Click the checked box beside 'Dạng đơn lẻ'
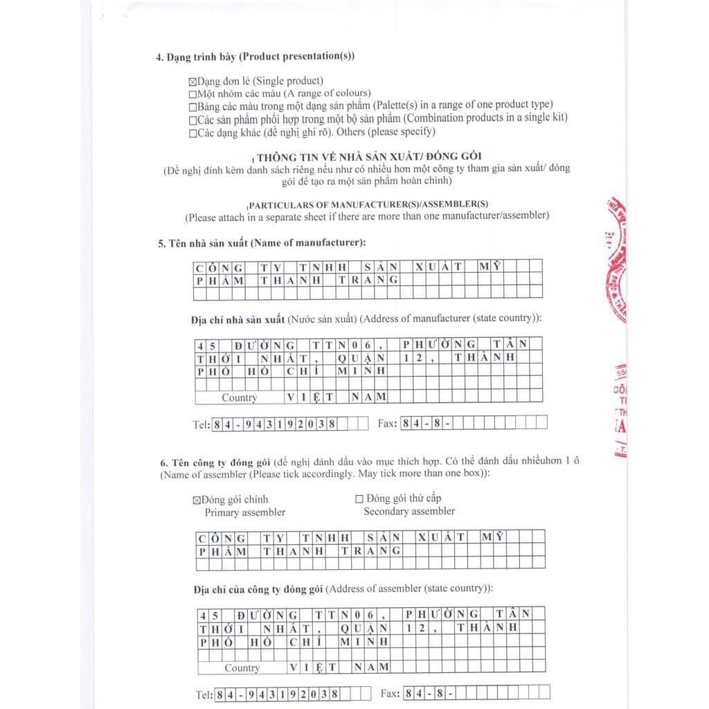coord(192,82)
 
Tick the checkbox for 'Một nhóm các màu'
coord(192,94)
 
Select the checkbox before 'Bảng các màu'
coord(192,107)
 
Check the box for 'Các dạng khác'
coord(192,133)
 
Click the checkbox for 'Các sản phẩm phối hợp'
coord(192,119)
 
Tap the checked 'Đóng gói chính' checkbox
coord(195,499)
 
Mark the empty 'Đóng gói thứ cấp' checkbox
coord(359,499)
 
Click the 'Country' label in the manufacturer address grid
coord(239,397)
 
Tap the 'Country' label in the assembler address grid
coord(242,668)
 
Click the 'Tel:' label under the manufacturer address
coord(201,424)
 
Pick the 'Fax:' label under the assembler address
coord(391,694)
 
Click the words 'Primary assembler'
coord(244,512)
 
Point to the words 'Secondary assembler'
coord(409,511)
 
